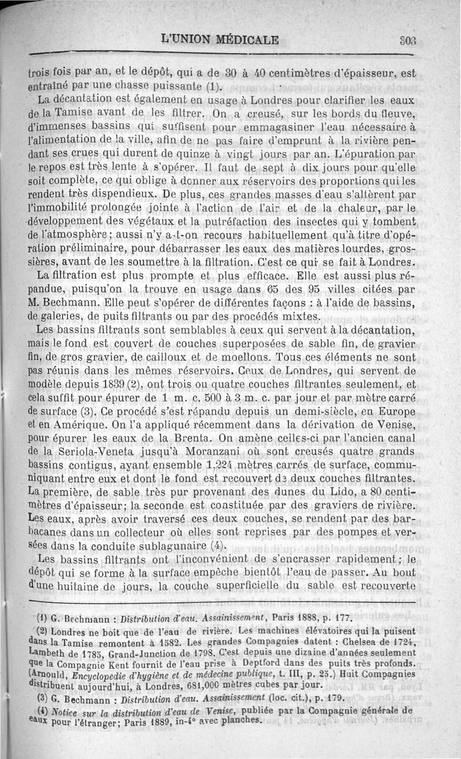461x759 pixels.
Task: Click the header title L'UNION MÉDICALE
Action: pyautogui.click(x=220, y=40)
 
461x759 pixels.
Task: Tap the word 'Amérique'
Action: pyautogui.click(x=66, y=426)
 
